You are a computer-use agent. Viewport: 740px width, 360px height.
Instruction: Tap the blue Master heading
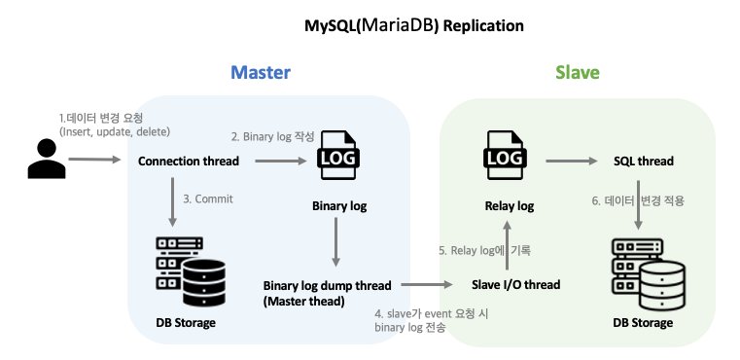[260, 73]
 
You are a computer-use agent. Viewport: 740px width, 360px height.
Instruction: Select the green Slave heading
[577, 73]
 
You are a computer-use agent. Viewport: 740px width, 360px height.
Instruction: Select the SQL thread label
[644, 162]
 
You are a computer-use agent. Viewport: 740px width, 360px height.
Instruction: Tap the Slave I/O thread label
[515, 285]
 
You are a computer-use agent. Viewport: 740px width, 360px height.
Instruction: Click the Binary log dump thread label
[327, 286]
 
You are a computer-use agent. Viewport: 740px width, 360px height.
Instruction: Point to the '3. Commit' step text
[208, 199]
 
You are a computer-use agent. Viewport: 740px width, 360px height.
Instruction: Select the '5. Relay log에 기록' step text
[484, 250]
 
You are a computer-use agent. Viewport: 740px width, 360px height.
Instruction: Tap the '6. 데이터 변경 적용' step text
[639, 200]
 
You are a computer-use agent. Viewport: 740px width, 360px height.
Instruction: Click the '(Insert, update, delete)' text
[113, 131]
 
